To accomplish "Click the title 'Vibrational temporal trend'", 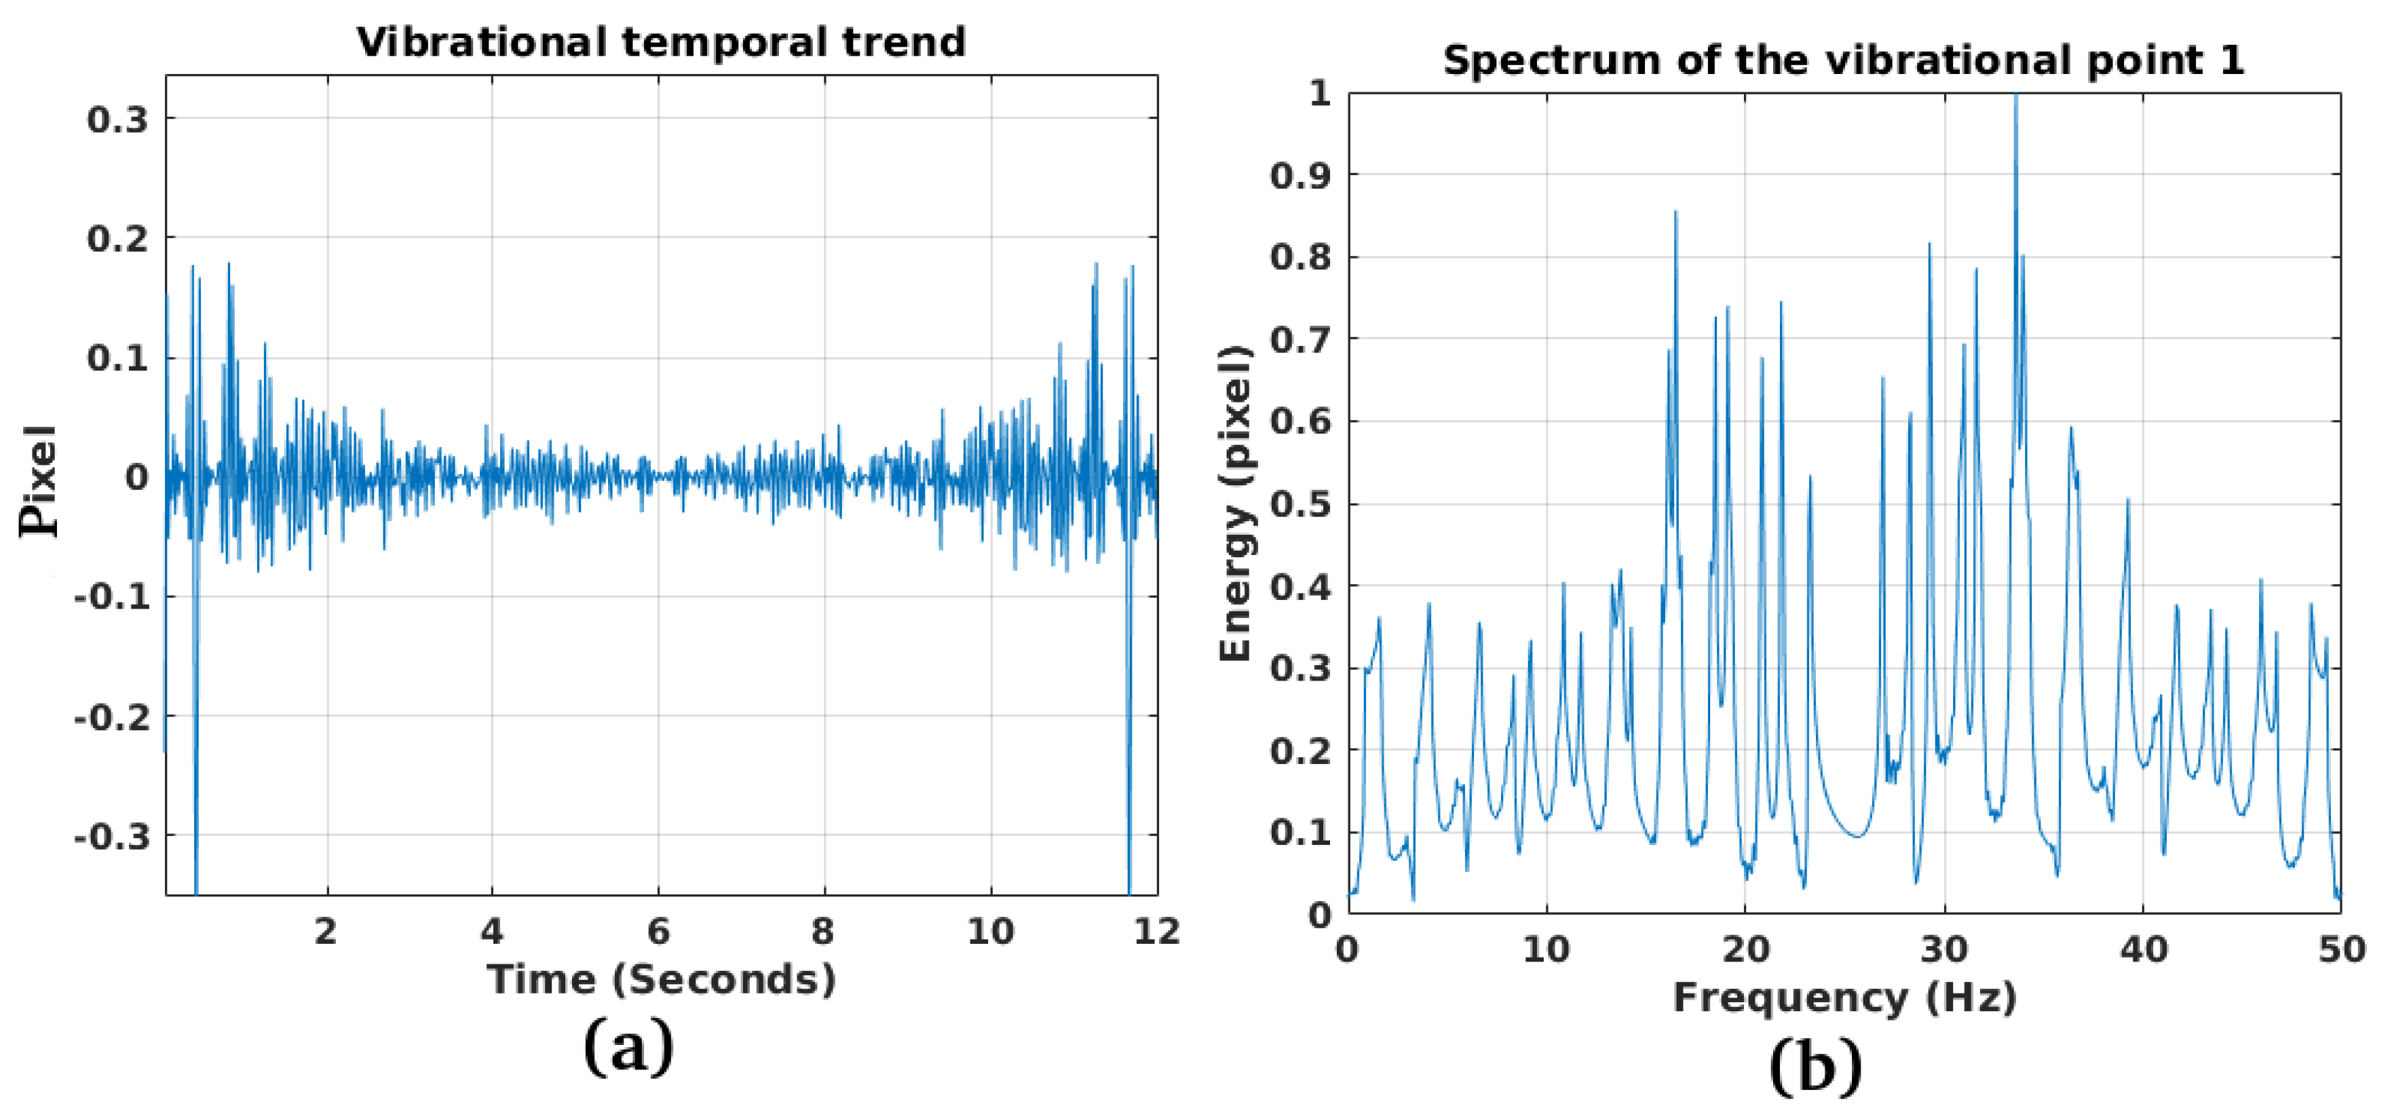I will click(x=660, y=43).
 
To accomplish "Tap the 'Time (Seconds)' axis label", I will click(x=660, y=980).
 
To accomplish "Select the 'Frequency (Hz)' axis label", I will click(x=1844, y=998).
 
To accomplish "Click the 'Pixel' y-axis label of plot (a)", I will click(x=39, y=480).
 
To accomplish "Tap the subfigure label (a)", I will click(x=628, y=1046).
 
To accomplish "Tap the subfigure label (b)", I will click(x=1815, y=1067).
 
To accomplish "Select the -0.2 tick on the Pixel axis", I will click(x=111, y=717).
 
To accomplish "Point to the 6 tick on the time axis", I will click(x=658, y=930).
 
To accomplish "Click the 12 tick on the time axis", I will click(x=1156, y=930).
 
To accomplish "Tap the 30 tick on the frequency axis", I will click(x=1943, y=949).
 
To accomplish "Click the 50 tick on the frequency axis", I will click(x=2340, y=949).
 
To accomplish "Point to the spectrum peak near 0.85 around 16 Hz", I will click(x=1675, y=213).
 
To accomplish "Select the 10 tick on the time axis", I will click(x=990, y=930).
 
